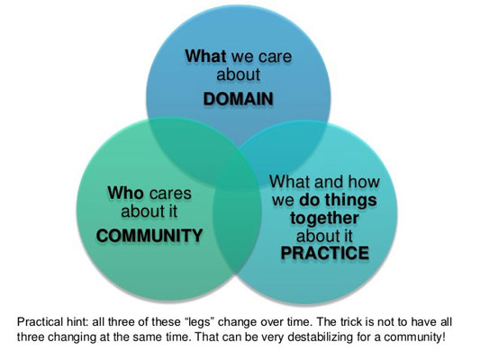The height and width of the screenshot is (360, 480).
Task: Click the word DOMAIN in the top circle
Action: point(238,99)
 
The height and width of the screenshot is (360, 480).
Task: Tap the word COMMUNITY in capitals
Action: point(149,236)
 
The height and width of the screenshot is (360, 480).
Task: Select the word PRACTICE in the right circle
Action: point(325,253)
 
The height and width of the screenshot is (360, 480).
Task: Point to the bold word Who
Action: point(125,193)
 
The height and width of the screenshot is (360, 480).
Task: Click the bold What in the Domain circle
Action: point(205,57)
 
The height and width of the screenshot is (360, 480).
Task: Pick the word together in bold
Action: point(324,219)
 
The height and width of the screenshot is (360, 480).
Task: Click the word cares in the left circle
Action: point(170,193)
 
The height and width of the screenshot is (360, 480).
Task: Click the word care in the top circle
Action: point(275,57)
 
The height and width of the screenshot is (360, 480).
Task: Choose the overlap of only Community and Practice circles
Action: point(236,232)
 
